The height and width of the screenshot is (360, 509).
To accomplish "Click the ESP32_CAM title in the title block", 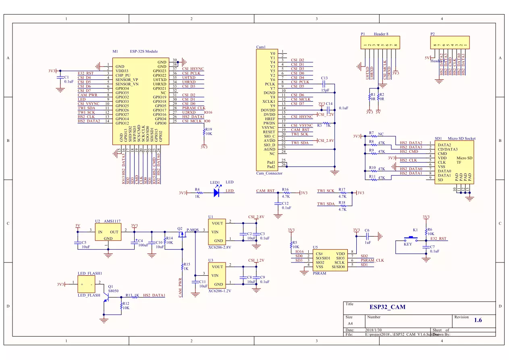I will click(x=387, y=307).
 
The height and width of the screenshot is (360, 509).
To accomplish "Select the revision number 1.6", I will click(x=478, y=320).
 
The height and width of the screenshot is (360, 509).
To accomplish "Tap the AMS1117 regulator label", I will click(x=112, y=221).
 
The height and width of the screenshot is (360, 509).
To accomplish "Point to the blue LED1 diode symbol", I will click(x=216, y=193).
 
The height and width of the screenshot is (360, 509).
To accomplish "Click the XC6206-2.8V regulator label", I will click(x=220, y=247).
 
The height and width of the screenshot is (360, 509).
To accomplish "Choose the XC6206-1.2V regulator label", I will click(x=220, y=290).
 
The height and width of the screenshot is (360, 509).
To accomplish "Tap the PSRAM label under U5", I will click(x=319, y=273).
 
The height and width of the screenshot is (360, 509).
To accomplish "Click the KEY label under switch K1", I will click(x=407, y=244).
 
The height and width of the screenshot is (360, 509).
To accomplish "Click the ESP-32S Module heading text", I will click(x=143, y=51).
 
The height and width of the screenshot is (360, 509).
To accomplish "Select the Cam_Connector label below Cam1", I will click(x=269, y=173).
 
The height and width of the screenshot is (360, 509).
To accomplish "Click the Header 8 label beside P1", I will click(x=381, y=34).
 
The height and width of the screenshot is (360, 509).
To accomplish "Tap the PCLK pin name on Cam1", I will click(x=270, y=84).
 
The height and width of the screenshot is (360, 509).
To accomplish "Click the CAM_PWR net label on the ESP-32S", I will click(x=87, y=95).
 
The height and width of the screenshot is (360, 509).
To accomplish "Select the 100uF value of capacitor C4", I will click(x=143, y=245).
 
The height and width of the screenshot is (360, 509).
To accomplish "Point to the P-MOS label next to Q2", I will click(x=192, y=230).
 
